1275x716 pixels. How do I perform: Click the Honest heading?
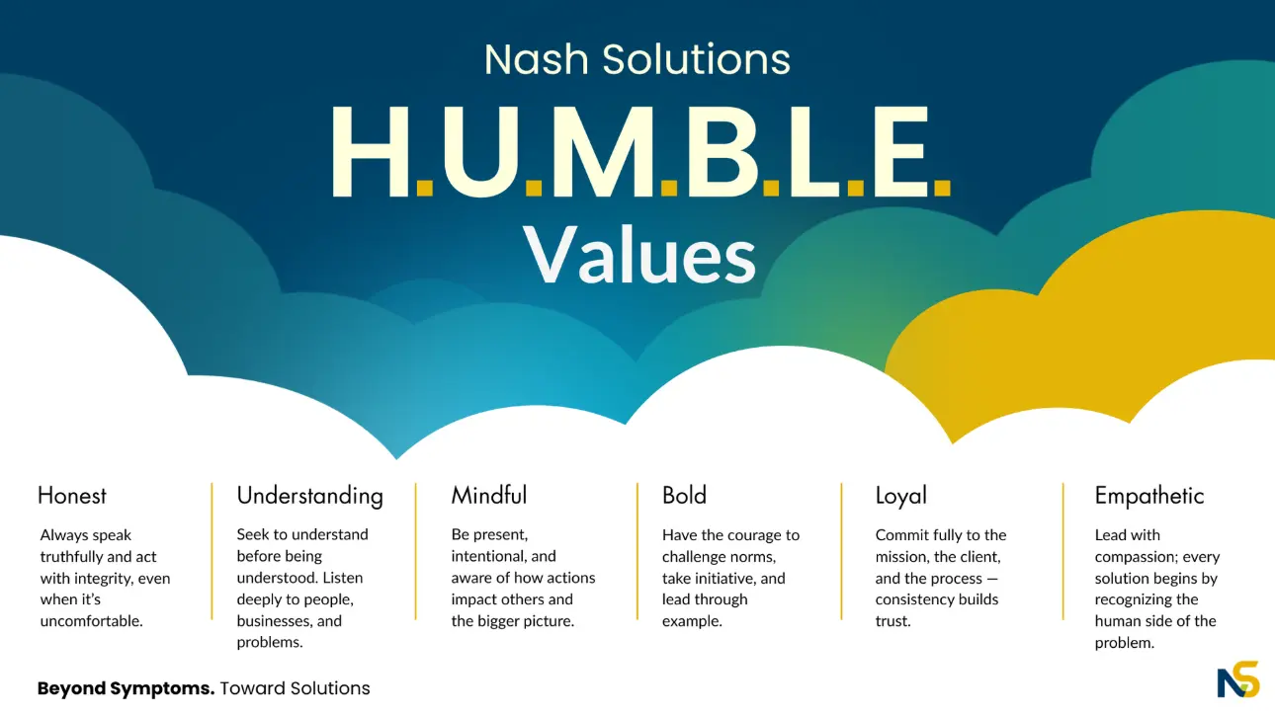pyautogui.click(x=72, y=496)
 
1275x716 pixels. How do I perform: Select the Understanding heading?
pyautogui.click(x=309, y=497)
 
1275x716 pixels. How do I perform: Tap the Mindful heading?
pyautogui.click(x=489, y=495)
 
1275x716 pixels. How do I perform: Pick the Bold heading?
pyautogui.click(x=684, y=495)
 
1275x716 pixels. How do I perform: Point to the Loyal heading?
pyautogui.click(x=901, y=496)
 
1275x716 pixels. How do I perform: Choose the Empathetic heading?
pyautogui.click(x=1149, y=496)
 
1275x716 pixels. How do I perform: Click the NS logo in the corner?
pyautogui.click(x=1238, y=679)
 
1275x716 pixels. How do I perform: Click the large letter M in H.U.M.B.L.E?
pyautogui.click(x=607, y=151)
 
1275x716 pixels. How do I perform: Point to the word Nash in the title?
pyautogui.click(x=536, y=59)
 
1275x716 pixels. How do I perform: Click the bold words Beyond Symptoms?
pyautogui.click(x=126, y=688)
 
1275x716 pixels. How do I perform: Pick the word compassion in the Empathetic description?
pyautogui.click(x=1134, y=557)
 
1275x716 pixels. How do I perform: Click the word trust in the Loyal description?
pyautogui.click(x=892, y=621)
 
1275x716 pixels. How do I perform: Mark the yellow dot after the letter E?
pyautogui.click(x=942, y=188)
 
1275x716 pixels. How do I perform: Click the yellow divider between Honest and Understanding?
pyautogui.click(x=212, y=551)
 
